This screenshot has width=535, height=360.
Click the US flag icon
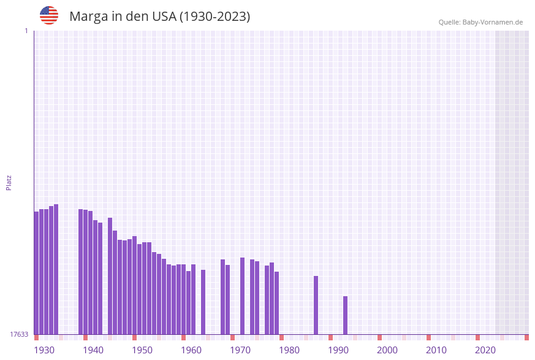(x=49, y=15)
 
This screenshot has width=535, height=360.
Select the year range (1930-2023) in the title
(x=214, y=17)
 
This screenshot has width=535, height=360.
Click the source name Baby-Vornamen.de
(x=492, y=22)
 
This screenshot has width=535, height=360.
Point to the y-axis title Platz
(x=9, y=182)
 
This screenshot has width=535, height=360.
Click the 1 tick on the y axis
(x=26, y=31)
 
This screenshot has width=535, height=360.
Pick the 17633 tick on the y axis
(x=19, y=334)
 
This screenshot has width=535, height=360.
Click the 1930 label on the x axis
(x=44, y=350)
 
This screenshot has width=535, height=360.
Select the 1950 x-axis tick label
(x=142, y=350)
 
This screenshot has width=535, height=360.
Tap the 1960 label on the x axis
(x=191, y=350)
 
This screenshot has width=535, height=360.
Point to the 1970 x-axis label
(x=240, y=350)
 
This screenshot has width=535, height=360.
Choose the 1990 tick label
(x=338, y=350)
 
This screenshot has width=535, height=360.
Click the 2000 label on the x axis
(x=387, y=350)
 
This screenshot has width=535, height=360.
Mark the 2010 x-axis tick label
(x=436, y=350)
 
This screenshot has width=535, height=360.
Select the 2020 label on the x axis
(x=485, y=350)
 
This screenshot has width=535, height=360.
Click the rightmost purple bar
(x=345, y=315)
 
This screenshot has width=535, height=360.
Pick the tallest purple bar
(x=56, y=269)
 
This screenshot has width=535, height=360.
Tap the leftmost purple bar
(x=36, y=273)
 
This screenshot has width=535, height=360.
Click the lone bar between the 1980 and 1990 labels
(x=316, y=305)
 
